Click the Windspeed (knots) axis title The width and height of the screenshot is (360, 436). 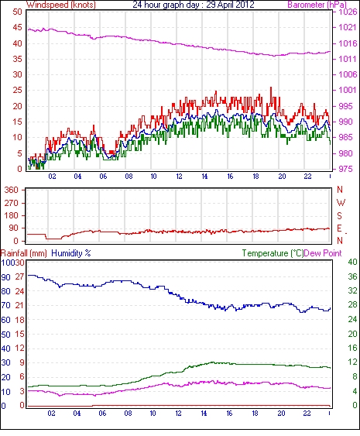(x=60, y=5)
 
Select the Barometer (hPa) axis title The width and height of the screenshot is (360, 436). (x=317, y=5)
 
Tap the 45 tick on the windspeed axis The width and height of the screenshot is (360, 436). (x=17, y=28)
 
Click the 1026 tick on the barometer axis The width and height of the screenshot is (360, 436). (x=348, y=12)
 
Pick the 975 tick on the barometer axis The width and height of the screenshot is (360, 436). (x=345, y=169)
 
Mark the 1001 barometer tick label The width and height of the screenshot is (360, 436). (x=348, y=90)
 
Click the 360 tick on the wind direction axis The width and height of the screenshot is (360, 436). (x=11, y=191)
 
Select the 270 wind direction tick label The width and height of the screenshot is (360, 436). (x=11, y=203)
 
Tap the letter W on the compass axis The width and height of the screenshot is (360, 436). (x=341, y=203)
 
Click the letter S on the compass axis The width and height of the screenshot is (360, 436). (x=339, y=216)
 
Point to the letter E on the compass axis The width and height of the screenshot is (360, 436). (x=339, y=228)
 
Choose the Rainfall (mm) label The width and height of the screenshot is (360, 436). (x=24, y=253)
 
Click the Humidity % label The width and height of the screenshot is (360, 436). (x=71, y=253)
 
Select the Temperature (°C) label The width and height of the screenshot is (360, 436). (x=273, y=253)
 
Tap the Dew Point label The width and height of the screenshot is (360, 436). (x=323, y=253)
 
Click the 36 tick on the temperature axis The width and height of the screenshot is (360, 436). (x=353, y=276)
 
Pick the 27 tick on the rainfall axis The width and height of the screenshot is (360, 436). (x=20, y=277)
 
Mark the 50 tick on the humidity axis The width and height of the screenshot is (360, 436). (x=5, y=335)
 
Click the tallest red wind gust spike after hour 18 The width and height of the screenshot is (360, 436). (x=271, y=88)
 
